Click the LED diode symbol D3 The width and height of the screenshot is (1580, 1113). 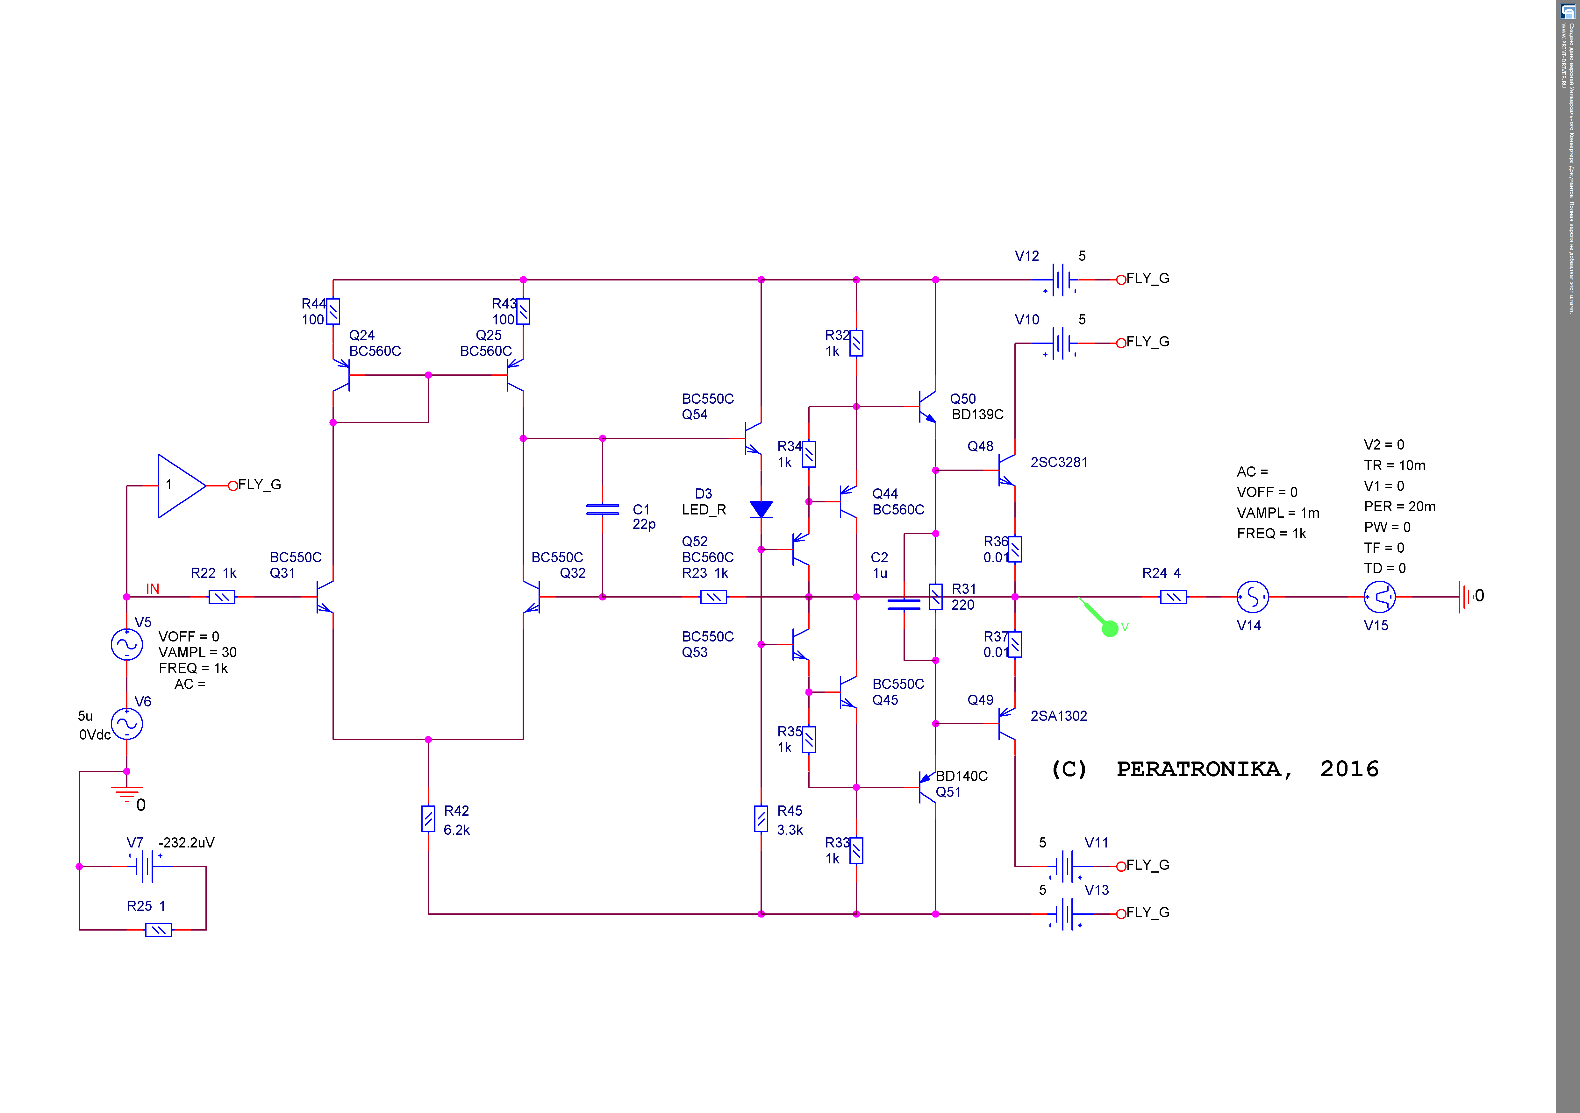761,509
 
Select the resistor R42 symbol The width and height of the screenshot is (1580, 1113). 428,819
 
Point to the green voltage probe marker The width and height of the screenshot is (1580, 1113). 1109,627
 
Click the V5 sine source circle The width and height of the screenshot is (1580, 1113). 127,645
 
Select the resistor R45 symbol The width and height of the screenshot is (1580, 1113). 761,819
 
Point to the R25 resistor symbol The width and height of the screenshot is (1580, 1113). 158,930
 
